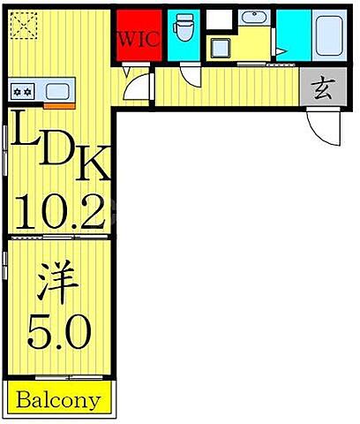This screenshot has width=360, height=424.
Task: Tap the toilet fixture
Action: pos(184,30)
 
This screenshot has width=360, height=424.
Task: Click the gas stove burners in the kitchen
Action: pos(22,90)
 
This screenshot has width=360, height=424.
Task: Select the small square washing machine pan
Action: pos(220,48)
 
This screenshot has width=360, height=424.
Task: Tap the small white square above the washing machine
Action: pos(218,18)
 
